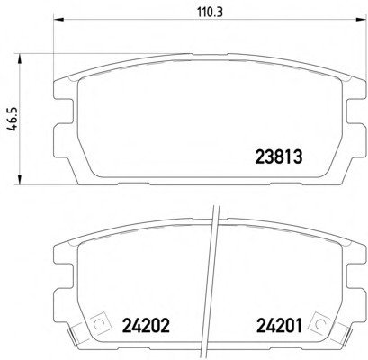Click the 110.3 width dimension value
point(211,13)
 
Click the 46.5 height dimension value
point(13,119)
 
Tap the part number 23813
point(278,157)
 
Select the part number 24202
point(146,325)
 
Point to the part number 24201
point(279,325)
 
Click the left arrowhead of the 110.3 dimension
point(58,20)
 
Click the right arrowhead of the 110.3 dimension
point(360,20)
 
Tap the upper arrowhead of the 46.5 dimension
point(20,59)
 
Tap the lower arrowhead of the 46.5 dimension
point(20,179)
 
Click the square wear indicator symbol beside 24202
point(99,323)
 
